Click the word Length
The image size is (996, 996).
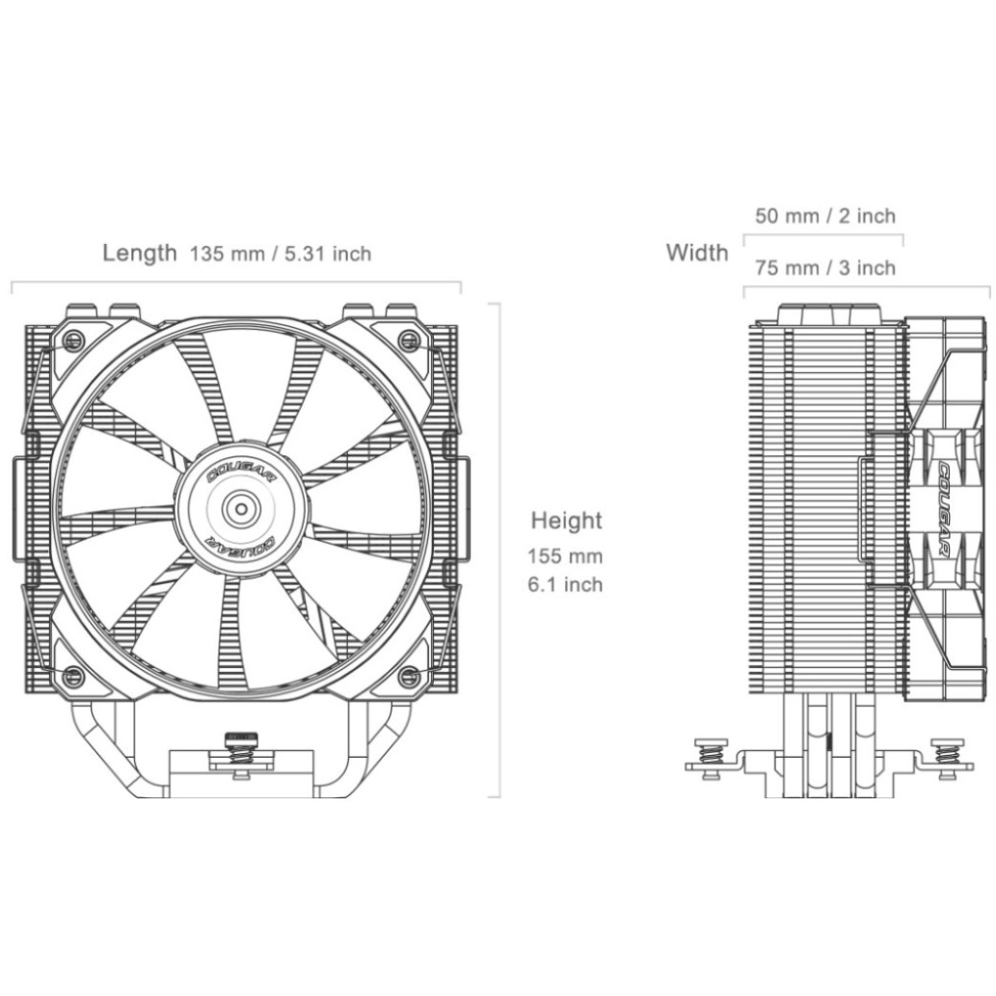tap(140, 253)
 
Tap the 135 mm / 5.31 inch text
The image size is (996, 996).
tap(281, 255)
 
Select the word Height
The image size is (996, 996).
tap(567, 521)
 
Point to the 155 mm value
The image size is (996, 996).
tap(565, 556)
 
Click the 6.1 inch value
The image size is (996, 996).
tap(565, 583)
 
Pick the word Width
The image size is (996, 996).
tap(697, 253)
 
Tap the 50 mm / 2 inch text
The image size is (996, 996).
tap(825, 216)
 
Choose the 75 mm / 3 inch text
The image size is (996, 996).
tap(825, 268)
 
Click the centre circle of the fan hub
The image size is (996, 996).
tap(241, 508)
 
